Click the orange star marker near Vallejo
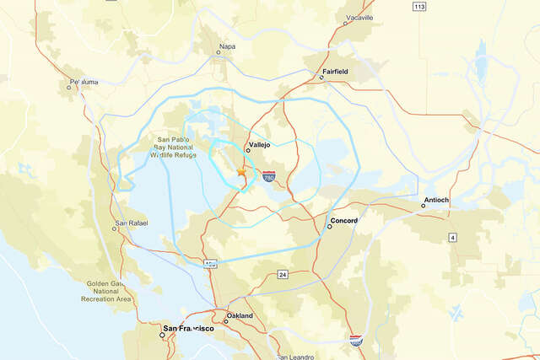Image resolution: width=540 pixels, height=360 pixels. coord(241,171)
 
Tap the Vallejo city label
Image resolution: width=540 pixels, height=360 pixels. coord(258,144)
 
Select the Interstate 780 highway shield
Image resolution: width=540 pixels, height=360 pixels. coord(268,177)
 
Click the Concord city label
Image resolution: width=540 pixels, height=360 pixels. coord(344,220)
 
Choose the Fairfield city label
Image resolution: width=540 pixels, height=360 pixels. coord(335,72)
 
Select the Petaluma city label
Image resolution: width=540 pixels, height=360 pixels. coord(82,80)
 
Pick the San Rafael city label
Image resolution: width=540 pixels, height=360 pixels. coord(131,222)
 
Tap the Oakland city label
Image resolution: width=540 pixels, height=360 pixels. coord(239,315)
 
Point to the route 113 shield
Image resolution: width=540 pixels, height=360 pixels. coord(419,7)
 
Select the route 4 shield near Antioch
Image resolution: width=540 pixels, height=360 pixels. coord(452,238)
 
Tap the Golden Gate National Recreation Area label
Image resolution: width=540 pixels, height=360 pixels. coord(106,292)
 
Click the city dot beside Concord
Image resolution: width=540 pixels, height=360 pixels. coord(329,226)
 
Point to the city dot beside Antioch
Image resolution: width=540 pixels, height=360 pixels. coord(424,205)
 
